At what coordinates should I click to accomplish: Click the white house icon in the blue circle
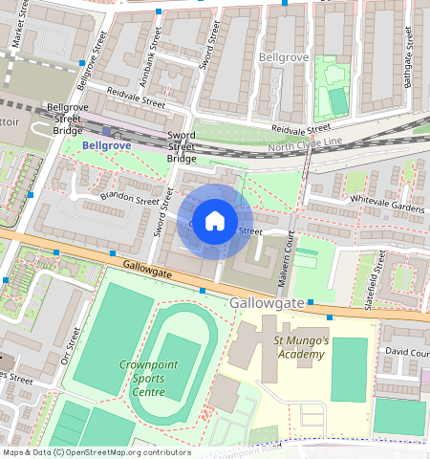(215, 221)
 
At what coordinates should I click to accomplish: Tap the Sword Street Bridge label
(182, 147)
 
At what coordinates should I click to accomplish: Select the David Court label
(406, 352)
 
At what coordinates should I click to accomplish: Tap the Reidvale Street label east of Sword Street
(300, 127)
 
